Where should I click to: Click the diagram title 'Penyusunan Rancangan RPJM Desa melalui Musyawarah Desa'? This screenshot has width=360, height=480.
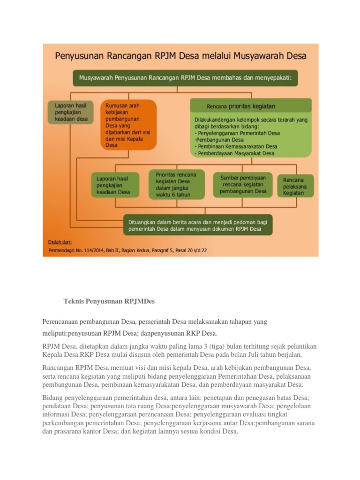tap(180, 56)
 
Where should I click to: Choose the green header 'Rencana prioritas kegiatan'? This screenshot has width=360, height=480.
tap(251, 106)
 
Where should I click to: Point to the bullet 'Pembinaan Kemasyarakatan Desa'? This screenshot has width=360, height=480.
tap(236, 146)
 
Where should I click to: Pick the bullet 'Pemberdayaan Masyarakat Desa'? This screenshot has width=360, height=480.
tap(236, 153)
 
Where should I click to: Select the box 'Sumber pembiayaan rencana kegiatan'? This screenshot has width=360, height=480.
tap(243, 185)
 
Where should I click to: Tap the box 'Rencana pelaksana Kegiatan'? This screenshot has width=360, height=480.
tap(295, 186)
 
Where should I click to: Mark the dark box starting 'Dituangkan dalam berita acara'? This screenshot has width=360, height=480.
tap(198, 225)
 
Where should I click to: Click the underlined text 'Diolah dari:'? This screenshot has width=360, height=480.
tap(60, 242)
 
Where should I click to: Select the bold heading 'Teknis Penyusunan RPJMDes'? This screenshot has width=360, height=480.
tap(109, 301)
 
